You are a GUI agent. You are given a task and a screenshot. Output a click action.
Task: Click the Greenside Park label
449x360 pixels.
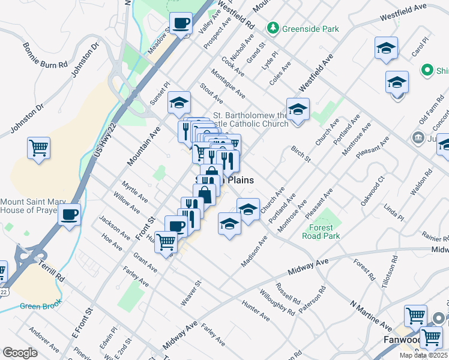[x=312, y=29]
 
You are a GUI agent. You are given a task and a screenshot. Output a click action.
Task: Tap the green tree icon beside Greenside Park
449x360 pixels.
[x=273, y=28]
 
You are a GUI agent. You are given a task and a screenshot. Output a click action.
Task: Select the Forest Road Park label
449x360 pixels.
[x=324, y=232]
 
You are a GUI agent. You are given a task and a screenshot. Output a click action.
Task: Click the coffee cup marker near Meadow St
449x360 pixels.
[x=181, y=24]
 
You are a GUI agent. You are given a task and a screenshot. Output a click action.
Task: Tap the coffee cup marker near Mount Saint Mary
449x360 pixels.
[x=69, y=214]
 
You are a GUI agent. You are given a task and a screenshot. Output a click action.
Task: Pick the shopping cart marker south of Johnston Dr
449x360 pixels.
[x=38, y=148]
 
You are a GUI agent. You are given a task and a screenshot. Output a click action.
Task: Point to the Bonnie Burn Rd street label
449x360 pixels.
[x=46, y=55]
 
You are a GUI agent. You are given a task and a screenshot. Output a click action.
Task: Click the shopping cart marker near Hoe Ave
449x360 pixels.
[x=166, y=242]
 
